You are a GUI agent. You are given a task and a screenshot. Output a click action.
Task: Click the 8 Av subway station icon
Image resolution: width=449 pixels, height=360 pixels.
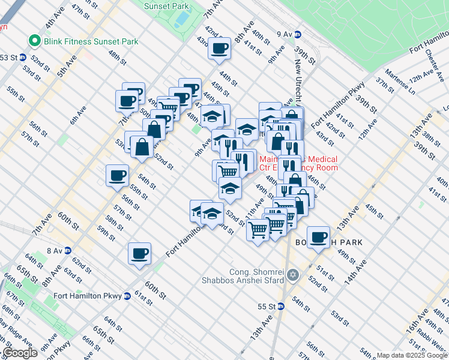[x=68, y=250]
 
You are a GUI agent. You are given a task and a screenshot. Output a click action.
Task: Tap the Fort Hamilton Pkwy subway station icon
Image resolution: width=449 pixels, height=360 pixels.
[x=127, y=296]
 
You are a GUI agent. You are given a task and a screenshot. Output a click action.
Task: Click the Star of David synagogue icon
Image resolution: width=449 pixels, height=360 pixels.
[x=293, y=275]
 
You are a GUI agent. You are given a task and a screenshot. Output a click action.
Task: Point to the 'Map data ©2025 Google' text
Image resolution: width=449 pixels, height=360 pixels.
[x=411, y=355]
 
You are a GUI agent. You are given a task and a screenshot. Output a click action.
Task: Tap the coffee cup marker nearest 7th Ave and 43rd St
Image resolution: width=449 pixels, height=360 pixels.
[x=220, y=48]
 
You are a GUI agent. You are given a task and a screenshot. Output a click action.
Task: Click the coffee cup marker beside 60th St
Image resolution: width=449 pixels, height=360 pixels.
[x=139, y=253]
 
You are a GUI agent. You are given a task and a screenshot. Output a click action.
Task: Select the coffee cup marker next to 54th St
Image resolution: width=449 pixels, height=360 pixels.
[x=117, y=175]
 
